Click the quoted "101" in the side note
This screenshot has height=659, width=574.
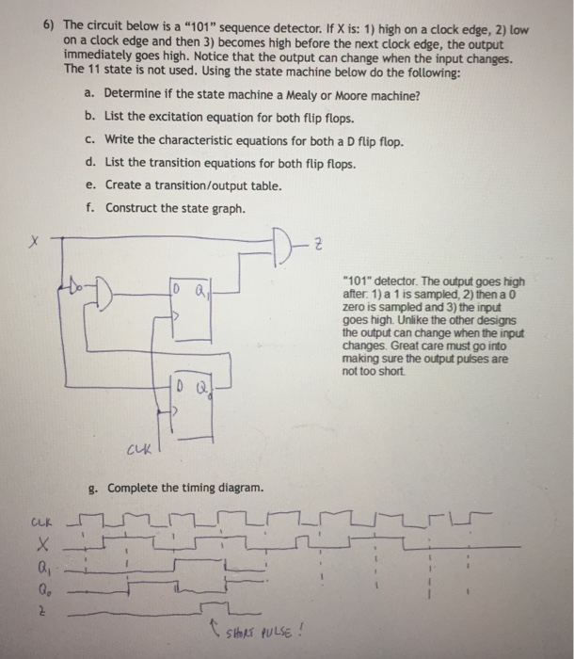pos(362,281)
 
